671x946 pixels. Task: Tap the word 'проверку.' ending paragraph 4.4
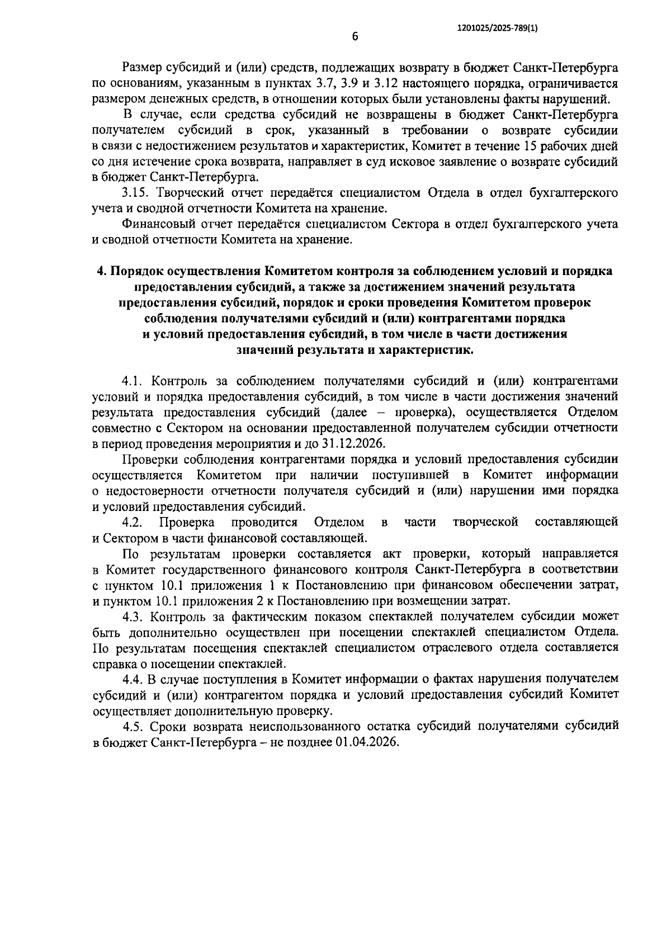(309, 711)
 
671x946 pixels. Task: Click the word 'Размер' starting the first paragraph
(142, 69)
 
